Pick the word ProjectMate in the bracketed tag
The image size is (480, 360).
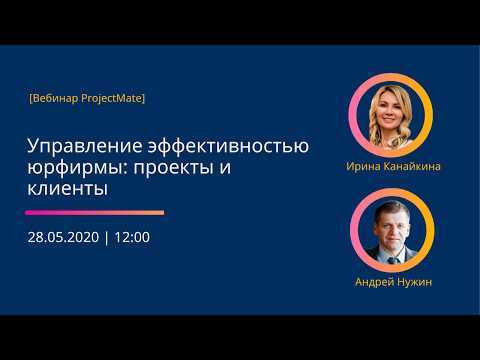111,98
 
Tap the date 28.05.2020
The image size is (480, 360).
62,238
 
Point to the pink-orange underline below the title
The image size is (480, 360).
95,212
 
